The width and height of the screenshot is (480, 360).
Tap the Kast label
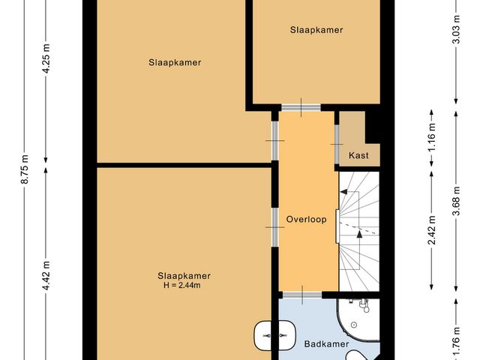[359, 155]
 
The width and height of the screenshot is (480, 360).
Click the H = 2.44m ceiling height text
[184, 285]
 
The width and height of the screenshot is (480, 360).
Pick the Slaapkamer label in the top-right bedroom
[316, 30]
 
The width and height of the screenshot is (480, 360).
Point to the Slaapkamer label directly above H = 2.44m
[184, 275]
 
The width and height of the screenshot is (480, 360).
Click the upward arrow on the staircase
[360, 234]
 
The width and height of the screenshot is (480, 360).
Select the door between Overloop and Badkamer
[303, 292]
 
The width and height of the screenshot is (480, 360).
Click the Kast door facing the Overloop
[337, 139]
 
